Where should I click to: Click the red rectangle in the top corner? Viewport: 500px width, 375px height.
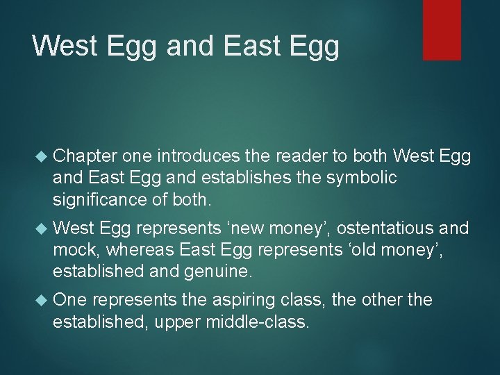[442, 29]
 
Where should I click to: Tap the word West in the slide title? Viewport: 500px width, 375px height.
[65, 46]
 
